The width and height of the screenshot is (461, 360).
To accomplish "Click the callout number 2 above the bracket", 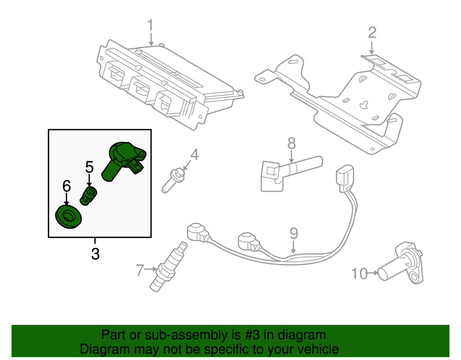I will tap(372, 33).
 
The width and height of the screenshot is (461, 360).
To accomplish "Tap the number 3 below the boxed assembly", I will tap(95, 254).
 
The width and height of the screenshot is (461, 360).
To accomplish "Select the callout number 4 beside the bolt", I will tap(195, 155).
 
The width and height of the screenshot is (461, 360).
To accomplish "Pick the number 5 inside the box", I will tap(89, 167).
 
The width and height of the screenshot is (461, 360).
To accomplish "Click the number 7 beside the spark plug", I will tap(140, 270).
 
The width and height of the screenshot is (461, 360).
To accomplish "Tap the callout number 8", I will tap(291, 143).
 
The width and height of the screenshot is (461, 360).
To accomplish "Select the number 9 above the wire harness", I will tap(294, 234).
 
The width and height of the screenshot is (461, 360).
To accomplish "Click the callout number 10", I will tap(360, 274).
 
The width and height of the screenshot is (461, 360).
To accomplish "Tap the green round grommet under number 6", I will tap(68, 217).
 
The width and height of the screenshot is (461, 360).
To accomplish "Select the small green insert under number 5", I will tap(88, 196).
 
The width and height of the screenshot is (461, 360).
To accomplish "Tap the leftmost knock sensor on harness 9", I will tap(197, 232).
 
